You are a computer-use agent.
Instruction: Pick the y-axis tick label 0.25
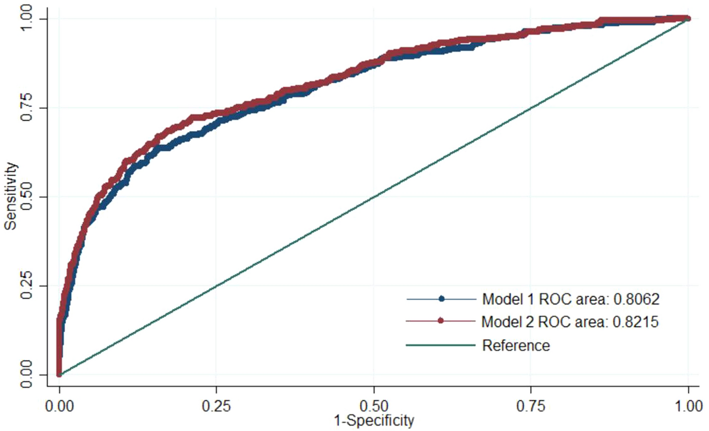pos(26,286)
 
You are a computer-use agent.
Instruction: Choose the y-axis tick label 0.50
pos(26,197)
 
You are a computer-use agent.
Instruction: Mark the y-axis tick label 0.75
pos(26,108)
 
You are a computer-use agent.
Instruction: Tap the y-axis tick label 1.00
pos(26,19)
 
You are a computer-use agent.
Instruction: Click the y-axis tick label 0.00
pos(26,374)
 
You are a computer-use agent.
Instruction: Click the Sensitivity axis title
pos(11,196)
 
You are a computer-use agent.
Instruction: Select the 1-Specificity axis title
pos(374,420)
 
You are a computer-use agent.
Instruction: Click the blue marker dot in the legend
pos(441,299)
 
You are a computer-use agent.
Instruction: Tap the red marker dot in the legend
pos(441,321)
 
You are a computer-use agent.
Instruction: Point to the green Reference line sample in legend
pos(441,345)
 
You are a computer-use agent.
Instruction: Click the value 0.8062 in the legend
pos(637,299)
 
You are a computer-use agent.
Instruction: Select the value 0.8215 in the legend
pos(636,321)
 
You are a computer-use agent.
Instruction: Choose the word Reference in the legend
pos(516,345)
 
